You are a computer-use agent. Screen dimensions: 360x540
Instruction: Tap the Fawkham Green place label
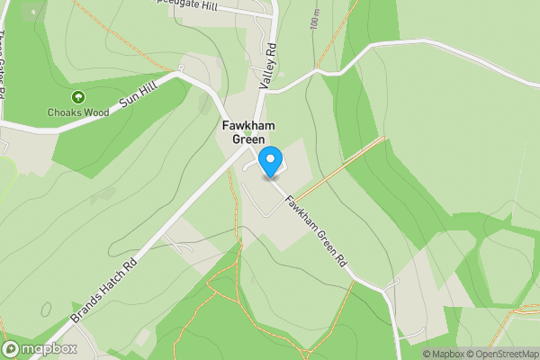tap(248, 132)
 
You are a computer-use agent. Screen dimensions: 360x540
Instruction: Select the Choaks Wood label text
tap(78, 112)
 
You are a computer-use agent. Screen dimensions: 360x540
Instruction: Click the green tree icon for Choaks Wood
tap(77, 97)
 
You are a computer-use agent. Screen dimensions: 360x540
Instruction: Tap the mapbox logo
tap(40, 348)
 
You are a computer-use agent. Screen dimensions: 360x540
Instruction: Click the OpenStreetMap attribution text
tap(502, 354)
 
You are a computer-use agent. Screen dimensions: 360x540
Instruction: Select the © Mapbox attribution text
tap(443, 354)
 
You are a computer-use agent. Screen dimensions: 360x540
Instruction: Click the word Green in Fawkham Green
tap(248, 139)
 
